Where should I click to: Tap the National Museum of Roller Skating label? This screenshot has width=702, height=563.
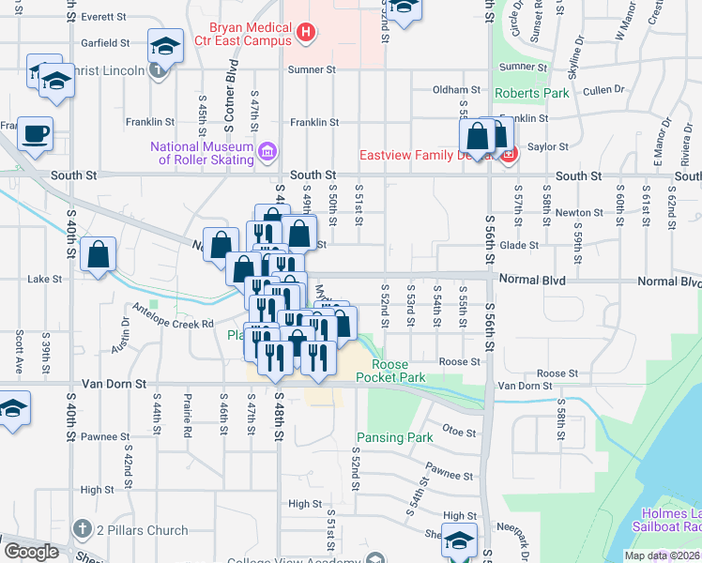(x=202, y=152)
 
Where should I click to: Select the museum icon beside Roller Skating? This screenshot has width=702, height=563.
(x=267, y=151)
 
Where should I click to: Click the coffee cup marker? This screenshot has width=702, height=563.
(x=36, y=134)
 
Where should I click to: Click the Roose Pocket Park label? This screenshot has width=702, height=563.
(x=399, y=371)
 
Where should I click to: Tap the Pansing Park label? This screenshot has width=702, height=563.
(x=394, y=437)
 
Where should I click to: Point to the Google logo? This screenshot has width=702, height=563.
(x=31, y=552)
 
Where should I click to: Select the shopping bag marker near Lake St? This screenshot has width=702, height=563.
(x=98, y=255)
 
